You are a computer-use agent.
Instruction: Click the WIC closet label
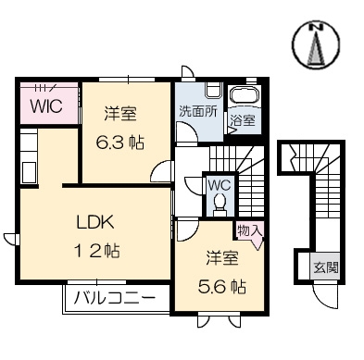tap(46, 106)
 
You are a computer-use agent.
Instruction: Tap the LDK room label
tap(95, 222)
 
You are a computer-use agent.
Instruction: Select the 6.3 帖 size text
tap(120, 143)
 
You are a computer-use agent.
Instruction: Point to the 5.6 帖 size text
tap(221, 287)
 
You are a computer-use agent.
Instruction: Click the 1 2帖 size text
tap(96, 251)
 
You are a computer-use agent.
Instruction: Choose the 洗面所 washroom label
tap(198, 111)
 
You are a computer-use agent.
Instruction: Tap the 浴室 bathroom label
tap(243, 120)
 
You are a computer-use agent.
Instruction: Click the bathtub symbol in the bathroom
tap(245, 94)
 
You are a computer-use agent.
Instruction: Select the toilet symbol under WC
tap(220, 202)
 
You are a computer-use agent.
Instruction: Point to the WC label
tap(220, 185)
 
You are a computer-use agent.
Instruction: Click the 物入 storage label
tap(250, 230)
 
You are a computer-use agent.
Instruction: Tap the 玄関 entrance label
tap(326, 267)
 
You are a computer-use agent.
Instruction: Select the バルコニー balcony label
tap(115, 299)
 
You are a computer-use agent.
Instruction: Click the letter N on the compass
tap(316, 28)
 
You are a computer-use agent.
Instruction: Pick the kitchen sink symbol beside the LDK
tap(29, 172)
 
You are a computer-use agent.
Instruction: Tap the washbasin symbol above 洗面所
tap(213, 90)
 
